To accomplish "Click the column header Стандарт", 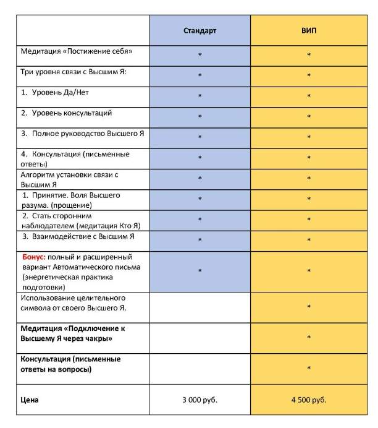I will point(199,30).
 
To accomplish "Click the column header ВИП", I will point(308,30).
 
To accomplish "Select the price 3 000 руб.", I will point(199,400).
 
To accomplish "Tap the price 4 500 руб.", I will point(308,400).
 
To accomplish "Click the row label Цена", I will point(30,400).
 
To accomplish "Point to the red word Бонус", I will point(33,257).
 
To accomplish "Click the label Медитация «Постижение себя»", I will point(77,51).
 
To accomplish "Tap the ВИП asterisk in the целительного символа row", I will point(308,307).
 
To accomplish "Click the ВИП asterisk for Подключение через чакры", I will point(308,338).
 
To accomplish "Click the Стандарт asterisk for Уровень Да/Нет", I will point(199,96).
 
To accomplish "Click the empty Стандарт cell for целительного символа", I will point(199,306).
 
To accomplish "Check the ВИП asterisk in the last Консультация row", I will point(308,369).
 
